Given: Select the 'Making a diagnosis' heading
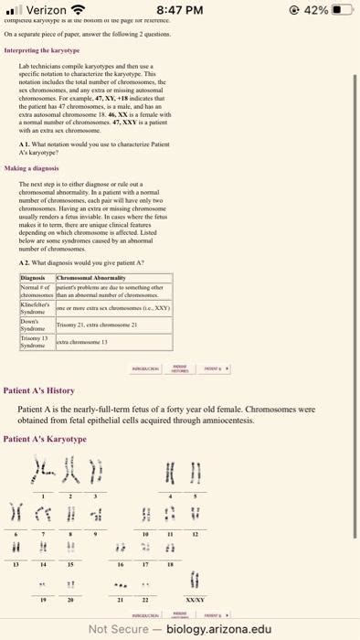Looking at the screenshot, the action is click(x=33, y=169).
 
